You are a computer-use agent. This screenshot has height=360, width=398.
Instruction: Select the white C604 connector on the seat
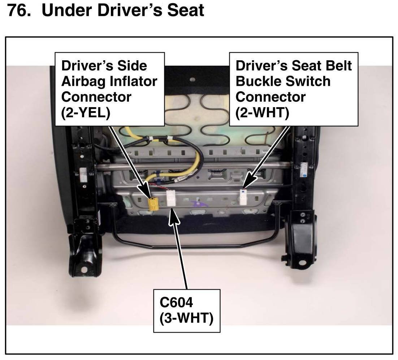pos(170,198)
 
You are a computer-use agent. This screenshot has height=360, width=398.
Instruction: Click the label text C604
pos(177,302)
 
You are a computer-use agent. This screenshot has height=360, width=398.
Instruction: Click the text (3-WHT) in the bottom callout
pos(186,319)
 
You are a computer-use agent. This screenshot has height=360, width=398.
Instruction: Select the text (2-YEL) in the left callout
pos(86,113)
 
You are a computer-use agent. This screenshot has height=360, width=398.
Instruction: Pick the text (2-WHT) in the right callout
pos(262,113)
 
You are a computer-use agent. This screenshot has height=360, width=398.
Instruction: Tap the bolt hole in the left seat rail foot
pos(84,269)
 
